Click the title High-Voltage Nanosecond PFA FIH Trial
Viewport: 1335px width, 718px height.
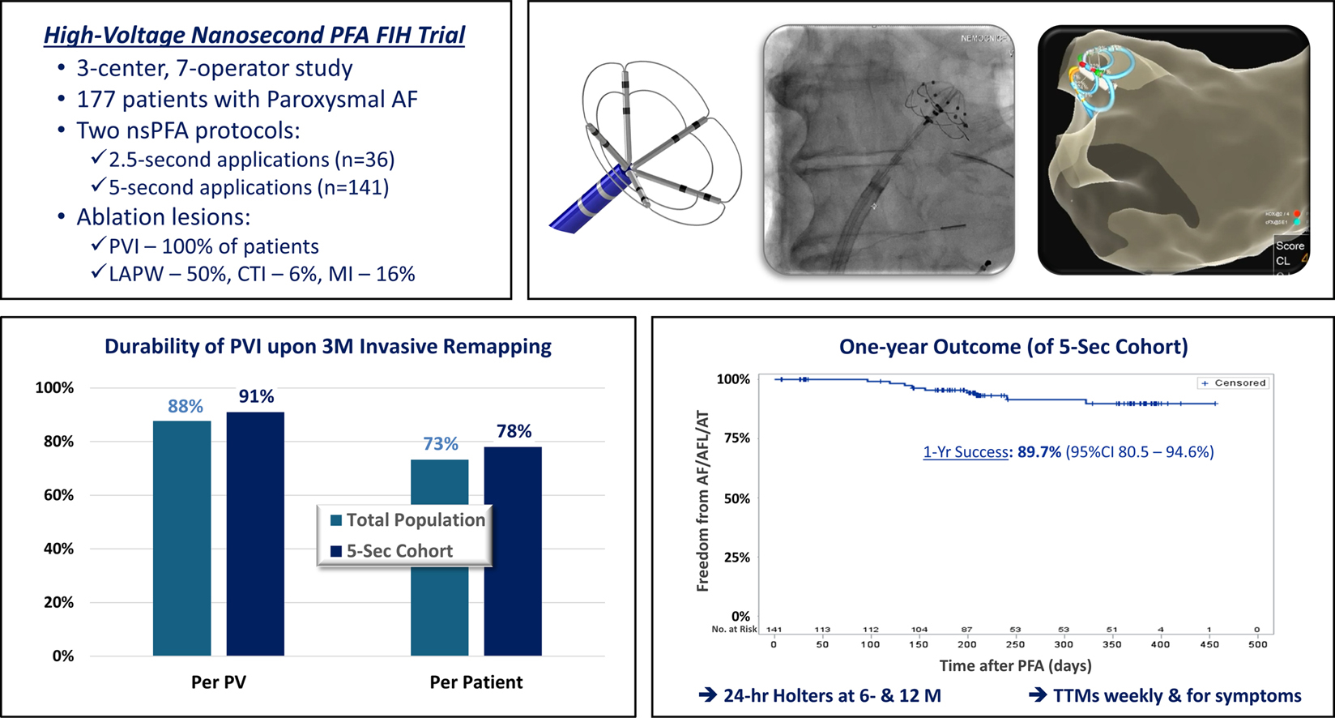click(254, 36)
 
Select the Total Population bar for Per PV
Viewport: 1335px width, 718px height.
click(181, 538)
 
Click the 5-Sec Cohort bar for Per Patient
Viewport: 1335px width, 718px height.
click(513, 551)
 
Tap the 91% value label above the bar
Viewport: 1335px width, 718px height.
click(256, 396)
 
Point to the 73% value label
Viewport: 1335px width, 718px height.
click(441, 444)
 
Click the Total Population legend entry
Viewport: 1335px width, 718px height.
click(407, 520)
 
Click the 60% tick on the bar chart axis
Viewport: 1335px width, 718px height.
click(58, 495)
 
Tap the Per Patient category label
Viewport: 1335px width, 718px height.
click(476, 682)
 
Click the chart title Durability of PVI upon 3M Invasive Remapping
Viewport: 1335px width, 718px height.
click(328, 347)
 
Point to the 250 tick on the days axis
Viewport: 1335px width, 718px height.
click(1015, 645)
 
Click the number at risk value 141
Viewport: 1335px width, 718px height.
click(774, 630)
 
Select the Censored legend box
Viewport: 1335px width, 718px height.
click(1233, 383)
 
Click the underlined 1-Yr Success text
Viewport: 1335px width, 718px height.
click(966, 452)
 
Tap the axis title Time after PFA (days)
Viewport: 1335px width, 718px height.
click(1015, 666)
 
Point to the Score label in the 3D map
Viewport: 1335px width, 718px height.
click(1290, 246)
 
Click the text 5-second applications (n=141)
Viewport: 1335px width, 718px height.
click(249, 188)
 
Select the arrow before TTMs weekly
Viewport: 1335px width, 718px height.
click(1038, 695)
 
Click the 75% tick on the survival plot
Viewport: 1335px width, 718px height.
click(736, 438)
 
